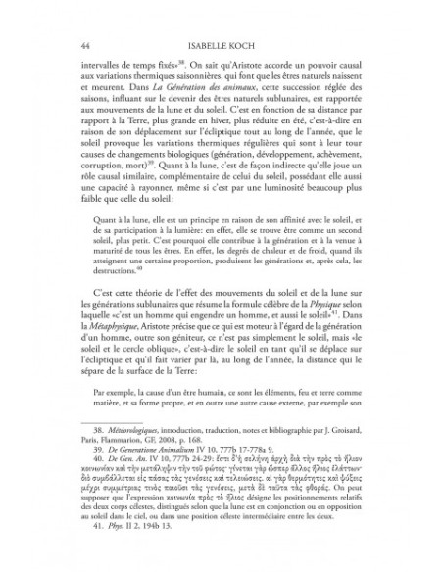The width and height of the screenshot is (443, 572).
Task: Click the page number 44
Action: tap(64, 46)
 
